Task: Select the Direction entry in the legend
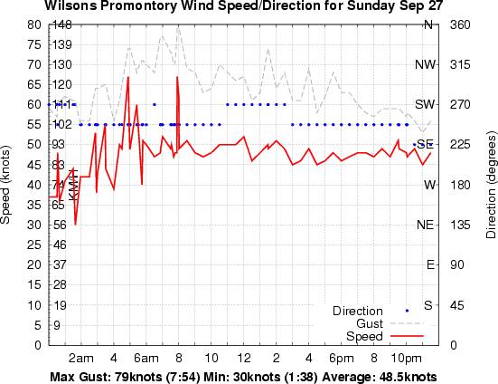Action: coord(358,311)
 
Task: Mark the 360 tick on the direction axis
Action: coord(461,24)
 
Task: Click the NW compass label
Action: coord(425,64)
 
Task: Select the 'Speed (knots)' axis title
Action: coord(8,185)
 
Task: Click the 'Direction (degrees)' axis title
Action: coord(489,185)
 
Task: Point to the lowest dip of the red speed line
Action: coord(76,224)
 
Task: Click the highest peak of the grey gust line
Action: coord(178,28)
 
